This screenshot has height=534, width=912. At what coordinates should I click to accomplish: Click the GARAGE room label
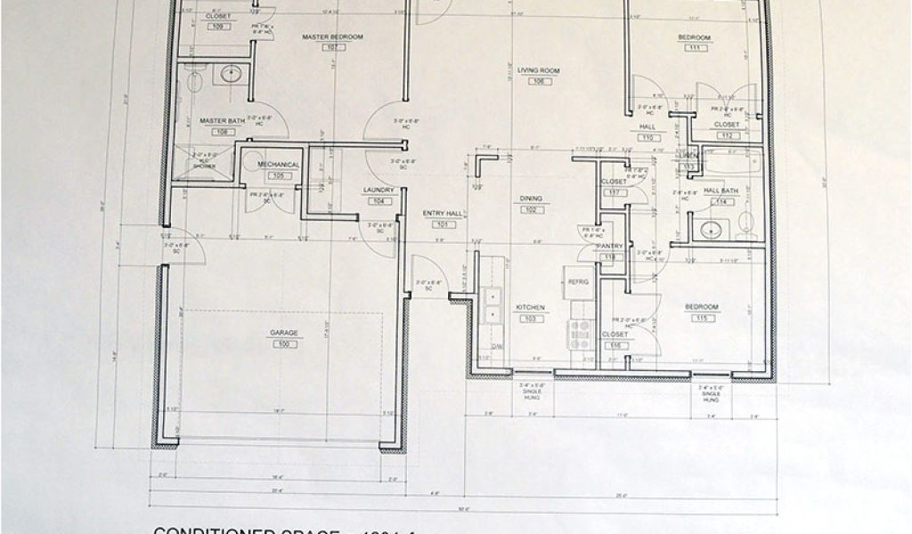click(284, 333)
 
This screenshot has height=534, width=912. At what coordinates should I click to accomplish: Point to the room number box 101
click(443, 224)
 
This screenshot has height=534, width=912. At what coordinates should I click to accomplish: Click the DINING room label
click(532, 199)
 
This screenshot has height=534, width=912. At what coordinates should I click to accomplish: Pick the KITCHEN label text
click(531, 307)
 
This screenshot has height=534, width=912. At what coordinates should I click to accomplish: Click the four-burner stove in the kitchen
click(580, 336)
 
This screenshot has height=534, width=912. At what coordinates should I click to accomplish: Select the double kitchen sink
click(491, 306)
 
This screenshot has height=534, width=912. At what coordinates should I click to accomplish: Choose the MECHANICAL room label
click(278, 165)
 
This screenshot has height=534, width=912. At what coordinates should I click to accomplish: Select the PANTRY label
click(610, 246)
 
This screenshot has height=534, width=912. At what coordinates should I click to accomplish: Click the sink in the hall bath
click(710, 231)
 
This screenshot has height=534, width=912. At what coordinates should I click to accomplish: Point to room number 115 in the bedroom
click(702, 318)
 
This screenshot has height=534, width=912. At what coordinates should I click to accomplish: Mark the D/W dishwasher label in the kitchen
click(496, 347)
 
